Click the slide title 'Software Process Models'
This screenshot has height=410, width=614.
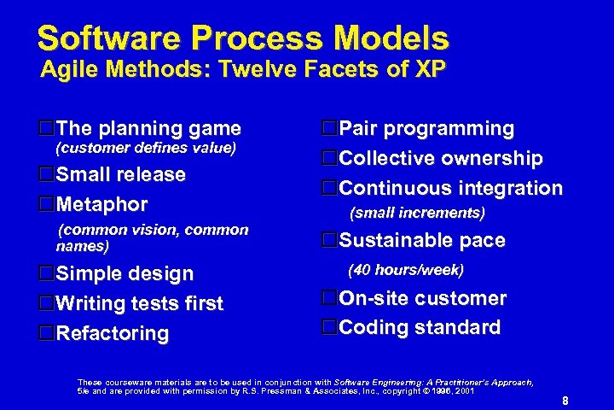[243, 38]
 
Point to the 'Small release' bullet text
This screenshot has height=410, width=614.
[120, 174]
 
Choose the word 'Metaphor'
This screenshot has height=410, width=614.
[102, 205]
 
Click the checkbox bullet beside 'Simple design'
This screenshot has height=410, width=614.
[48, 273]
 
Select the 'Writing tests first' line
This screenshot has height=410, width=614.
[140, 303]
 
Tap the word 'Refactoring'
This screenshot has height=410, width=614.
[113, 333]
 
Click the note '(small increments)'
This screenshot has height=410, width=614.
[418, 213]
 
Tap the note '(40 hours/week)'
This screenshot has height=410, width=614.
[406, 271]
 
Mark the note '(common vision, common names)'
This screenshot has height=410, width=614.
[152, 238]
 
